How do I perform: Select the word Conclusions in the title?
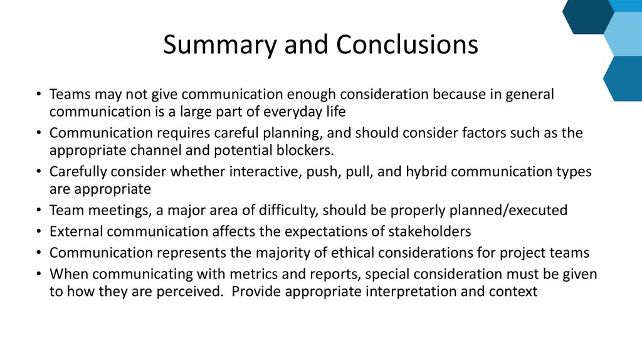[407, 45]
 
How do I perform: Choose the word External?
[76, 231]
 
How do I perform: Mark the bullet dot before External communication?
[39, 231]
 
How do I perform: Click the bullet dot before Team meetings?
[39, 211]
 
